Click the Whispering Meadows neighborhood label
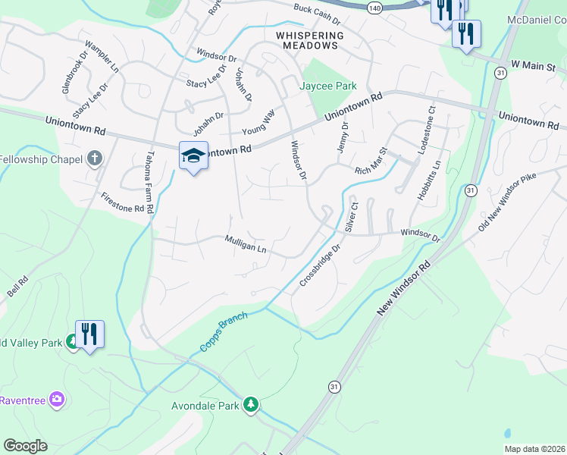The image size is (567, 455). [310, 40]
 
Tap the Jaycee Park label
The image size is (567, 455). [329, 86]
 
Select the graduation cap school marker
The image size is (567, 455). [194, 155]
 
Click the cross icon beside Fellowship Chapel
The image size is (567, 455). [94, 158]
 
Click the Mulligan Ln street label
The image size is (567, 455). [245, 243]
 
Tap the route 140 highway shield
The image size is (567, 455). [374, 7]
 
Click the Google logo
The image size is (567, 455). [25, 446]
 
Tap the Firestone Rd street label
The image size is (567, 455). [122, 202]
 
